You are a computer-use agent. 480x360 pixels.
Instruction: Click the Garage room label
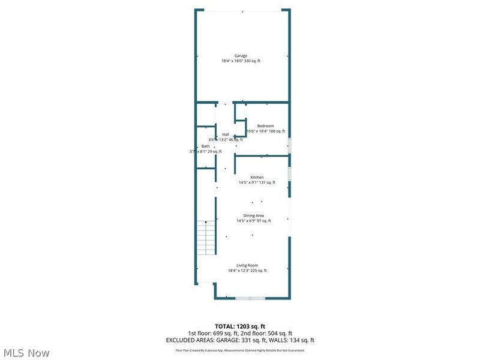pos(241,56)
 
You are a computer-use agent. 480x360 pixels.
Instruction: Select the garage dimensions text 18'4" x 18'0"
pos(233,61)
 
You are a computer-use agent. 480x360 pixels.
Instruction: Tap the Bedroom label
pos(265,125)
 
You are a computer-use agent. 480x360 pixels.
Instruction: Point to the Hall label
pos(226,134)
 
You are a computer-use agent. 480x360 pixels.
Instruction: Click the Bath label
pos(206,146)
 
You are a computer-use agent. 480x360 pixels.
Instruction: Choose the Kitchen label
pos(257,177)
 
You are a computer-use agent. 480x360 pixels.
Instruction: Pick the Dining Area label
pos(253,215)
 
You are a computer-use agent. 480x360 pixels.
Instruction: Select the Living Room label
pos(247,265)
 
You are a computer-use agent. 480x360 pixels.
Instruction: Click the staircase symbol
pos(206,237)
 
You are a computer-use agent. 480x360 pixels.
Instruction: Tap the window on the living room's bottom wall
pos(250,298)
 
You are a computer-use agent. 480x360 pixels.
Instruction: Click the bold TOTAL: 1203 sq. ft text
pos(240,326)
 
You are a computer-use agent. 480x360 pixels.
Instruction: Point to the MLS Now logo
pos(27,353)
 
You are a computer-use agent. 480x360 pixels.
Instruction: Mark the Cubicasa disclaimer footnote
pos(240,350)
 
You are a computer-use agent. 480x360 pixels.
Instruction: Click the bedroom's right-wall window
pos(289,146)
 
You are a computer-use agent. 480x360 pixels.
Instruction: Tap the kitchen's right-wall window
pos(289,173)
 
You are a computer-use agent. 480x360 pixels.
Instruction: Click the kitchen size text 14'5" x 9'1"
pos(248,182)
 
